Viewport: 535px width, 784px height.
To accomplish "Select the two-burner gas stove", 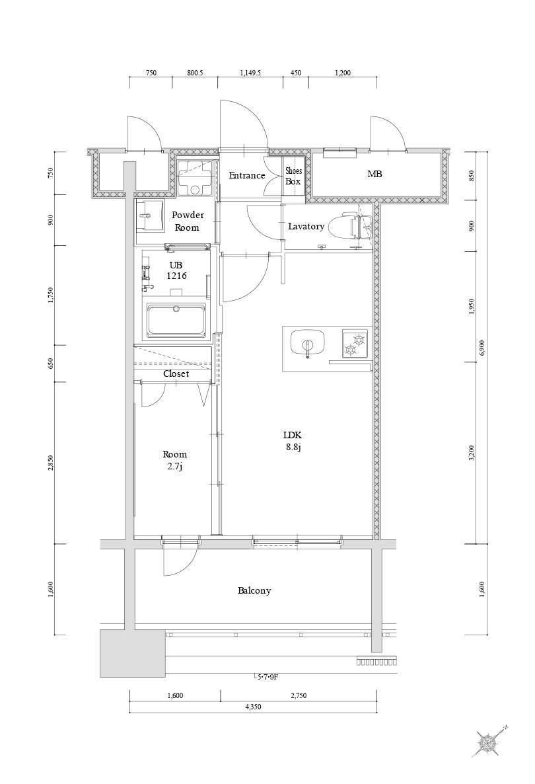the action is coord(354,344).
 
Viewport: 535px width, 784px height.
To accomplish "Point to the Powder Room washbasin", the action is coord(150,216).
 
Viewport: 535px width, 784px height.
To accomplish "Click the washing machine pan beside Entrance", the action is coord(196,178).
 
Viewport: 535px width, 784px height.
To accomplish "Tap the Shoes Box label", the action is coord(293,176).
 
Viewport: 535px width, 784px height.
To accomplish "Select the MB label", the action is coord(374,174).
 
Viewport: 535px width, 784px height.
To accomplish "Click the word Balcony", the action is coord(254,590).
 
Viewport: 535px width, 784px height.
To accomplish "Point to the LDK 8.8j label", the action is coord(293,441).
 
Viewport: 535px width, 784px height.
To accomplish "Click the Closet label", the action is coord(176,373).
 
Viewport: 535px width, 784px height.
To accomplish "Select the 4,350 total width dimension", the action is coord(253,707).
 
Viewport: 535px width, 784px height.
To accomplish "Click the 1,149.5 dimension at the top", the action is coord(251,73).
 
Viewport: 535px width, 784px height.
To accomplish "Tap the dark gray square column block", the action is coord(132,653).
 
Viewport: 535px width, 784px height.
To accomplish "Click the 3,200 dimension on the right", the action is coord(472,453).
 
